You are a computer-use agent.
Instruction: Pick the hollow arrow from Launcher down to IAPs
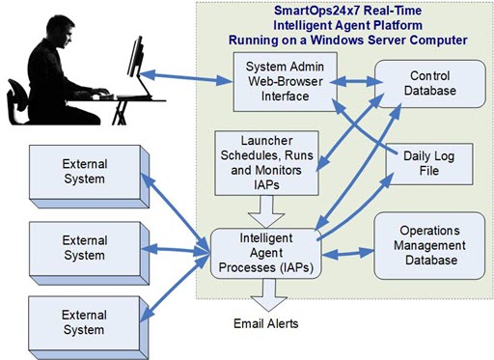[258, 204]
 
